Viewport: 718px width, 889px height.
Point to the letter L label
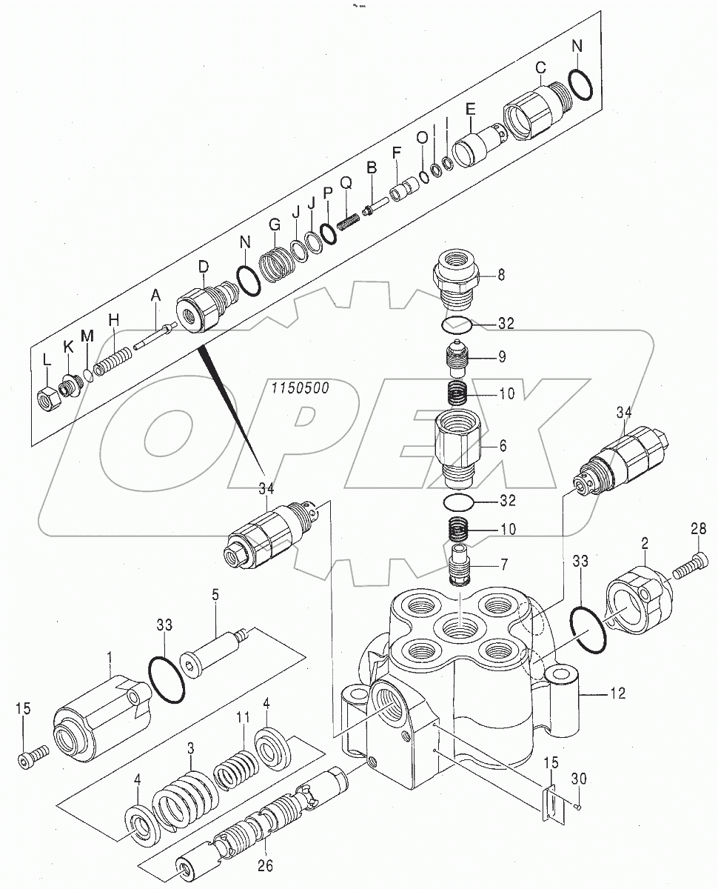pos(46,359)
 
